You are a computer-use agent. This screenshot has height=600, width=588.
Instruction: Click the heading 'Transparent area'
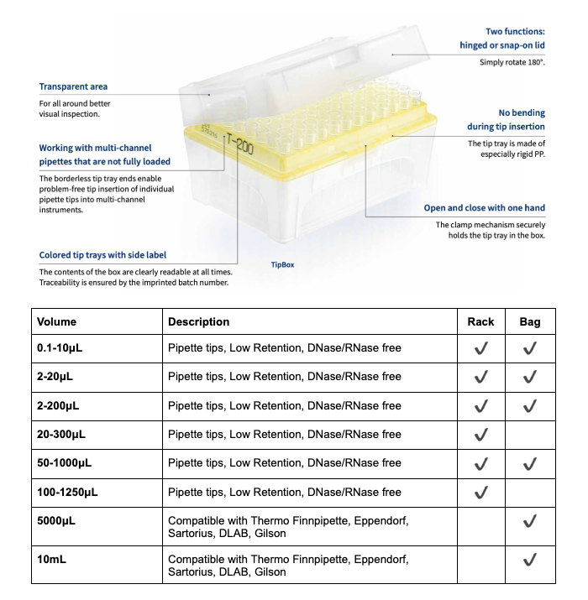(x=73, y=86)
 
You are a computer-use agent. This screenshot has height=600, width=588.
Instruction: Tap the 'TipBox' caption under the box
(x=282, y=264)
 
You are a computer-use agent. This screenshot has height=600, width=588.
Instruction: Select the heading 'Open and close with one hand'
(x=484, y=208)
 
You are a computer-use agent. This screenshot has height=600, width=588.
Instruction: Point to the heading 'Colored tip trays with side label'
(x=102, y=255)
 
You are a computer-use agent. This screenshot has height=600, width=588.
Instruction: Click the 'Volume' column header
(x=57, y=321)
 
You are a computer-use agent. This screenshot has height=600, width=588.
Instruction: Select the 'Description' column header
(x=198, y=321)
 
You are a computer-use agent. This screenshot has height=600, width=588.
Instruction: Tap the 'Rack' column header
(x=480, y=321)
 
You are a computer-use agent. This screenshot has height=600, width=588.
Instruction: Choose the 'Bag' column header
(x=529, y=321)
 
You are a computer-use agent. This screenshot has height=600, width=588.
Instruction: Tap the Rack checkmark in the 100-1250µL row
(x=480, y=492)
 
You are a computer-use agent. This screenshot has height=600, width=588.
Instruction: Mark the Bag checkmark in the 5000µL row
(x=529, y=521)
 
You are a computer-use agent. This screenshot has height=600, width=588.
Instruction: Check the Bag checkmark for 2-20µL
(x=529, y=377)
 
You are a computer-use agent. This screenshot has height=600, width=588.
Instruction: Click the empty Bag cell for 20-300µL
(x=529, y=435)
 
